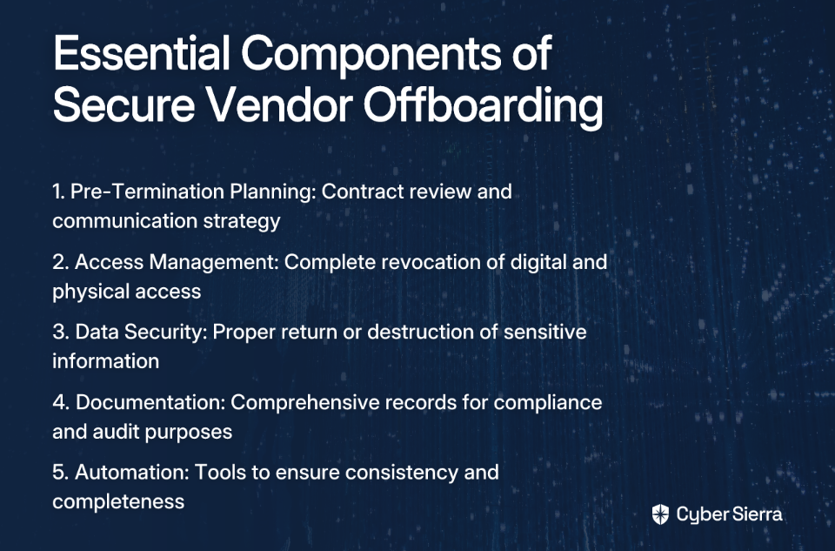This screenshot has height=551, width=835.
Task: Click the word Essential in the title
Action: coord(142,53)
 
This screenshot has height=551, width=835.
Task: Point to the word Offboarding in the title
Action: coord(483,106)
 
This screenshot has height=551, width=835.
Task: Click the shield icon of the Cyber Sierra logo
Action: coord(660,514)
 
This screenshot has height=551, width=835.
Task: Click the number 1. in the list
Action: coord(58,192)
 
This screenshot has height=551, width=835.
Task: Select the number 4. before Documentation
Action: coord(61,402)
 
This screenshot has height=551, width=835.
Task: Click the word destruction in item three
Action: coord(420,332)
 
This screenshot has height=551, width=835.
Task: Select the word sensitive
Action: coord(544,332)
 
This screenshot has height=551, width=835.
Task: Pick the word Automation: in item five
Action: coord(132,472)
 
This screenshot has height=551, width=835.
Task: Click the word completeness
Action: coord(118,502)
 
